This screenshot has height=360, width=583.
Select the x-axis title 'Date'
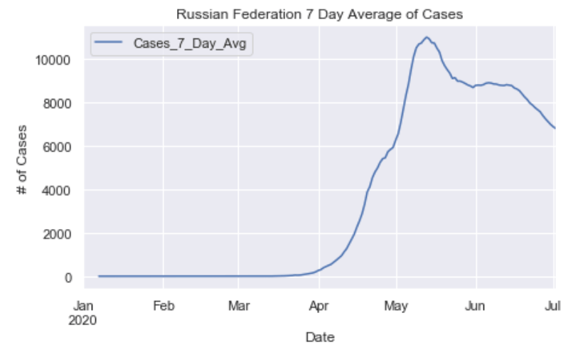(319, 337)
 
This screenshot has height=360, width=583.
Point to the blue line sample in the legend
(110, 43)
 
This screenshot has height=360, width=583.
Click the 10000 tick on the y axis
(53, 60)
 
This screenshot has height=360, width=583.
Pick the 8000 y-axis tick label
(55, 103)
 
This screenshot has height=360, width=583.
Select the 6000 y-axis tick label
(55, 147)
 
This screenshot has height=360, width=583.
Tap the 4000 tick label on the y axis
(55, 190)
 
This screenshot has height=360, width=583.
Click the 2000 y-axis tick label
(55, 234)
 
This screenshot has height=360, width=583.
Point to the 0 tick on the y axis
(69, 277)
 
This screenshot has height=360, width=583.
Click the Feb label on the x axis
(164, 307)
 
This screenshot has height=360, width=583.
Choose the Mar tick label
(239, 307)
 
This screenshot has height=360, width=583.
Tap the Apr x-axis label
(319, 307)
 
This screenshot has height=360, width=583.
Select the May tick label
(396, 307)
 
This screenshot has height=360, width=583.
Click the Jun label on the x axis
(475, 307)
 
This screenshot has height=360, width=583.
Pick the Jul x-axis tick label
(554, 307)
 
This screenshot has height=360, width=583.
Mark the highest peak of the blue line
(427, 37)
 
